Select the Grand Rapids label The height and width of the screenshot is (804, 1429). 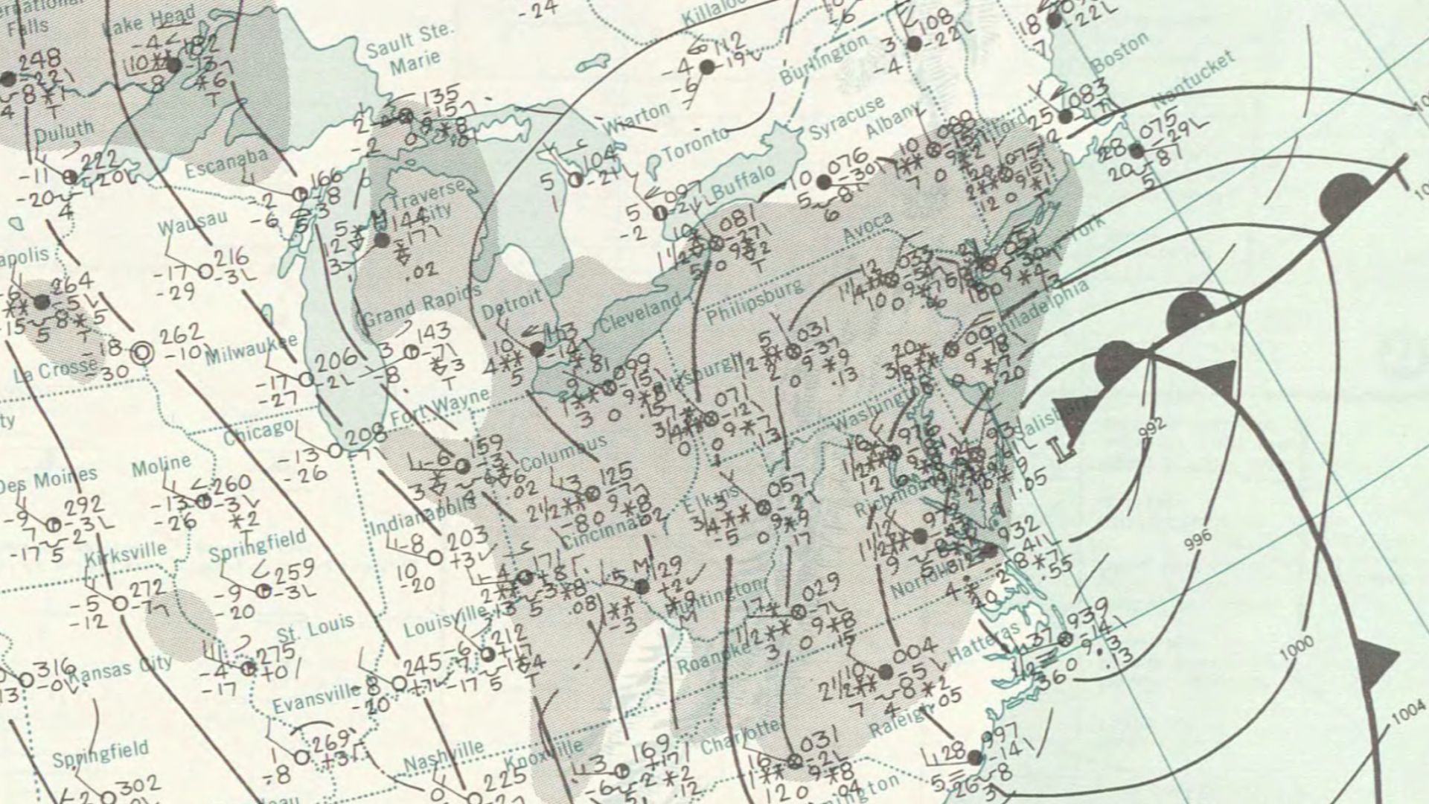pos(421,306)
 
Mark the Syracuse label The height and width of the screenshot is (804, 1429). pos(848,118)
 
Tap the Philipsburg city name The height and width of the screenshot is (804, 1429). pos(755,302)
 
